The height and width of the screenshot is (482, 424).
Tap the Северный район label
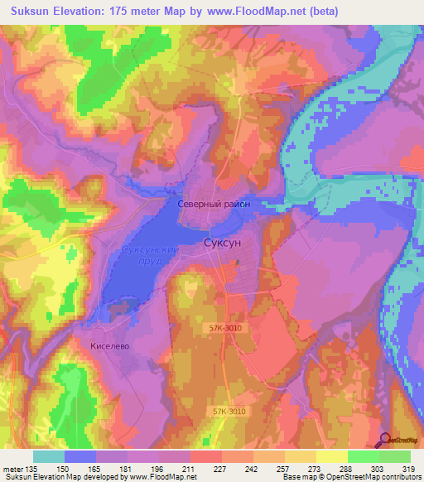pos(213,203)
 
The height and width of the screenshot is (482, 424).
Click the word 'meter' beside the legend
pos(12,468)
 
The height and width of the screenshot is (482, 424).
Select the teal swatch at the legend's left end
pos(49,456)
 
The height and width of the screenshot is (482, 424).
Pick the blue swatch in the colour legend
pos(80,456)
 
